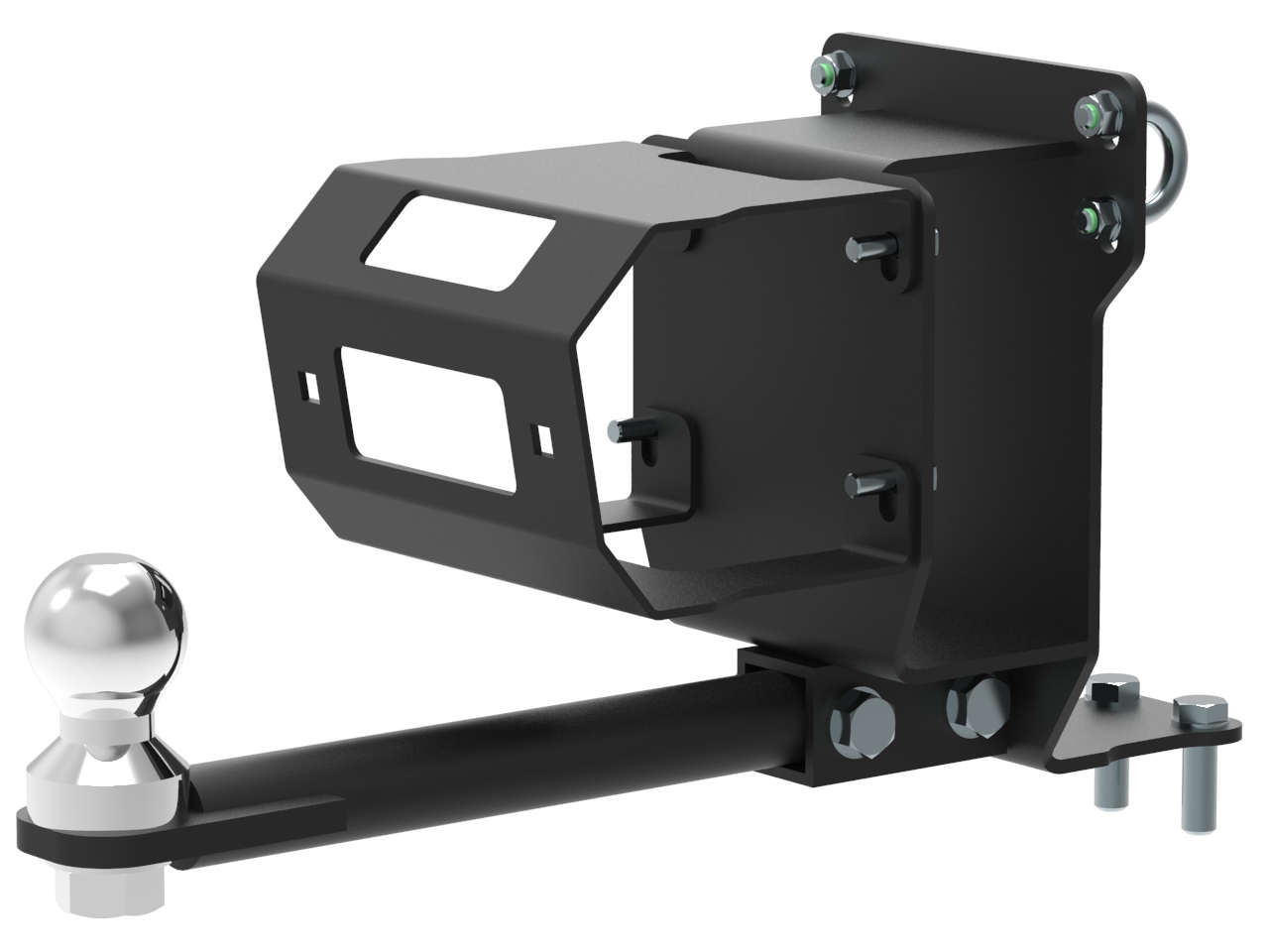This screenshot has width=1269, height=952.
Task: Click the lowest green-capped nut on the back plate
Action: pyautogui.click(x=1098, y=217)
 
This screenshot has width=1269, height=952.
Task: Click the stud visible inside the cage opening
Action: pyautogui.click(x=625, y=430)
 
